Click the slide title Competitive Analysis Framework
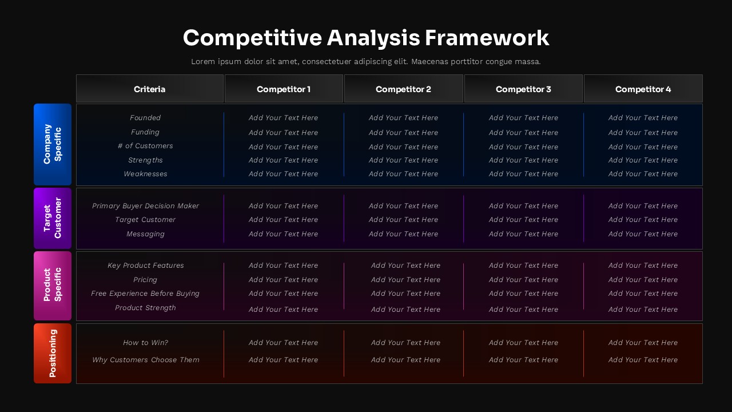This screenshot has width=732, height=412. coord(366,38)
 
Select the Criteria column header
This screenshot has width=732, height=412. coord(150,89)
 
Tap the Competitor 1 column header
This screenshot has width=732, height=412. coord(284,89)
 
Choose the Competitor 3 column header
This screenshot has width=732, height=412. coord(523,89)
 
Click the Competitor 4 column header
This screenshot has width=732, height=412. coord(643,89)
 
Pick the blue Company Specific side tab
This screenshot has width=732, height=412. coord(53,144)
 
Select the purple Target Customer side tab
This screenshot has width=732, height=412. coord(53,218)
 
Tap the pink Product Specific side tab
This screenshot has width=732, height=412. coord(53,285)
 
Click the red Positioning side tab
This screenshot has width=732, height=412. coord(53,353)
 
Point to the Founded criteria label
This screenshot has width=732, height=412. coord(145,118)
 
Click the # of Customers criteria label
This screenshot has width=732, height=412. coord(145,146)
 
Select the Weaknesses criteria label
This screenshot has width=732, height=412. coord(145,174)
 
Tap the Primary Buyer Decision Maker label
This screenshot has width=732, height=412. coord(145,206)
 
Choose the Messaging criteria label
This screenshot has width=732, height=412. coord(145,234)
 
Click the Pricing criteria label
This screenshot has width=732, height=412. coord(145,280)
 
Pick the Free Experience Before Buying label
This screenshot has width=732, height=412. coord(145,294)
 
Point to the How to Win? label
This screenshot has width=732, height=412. coord(145,343)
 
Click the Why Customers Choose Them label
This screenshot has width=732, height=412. coord(145,360)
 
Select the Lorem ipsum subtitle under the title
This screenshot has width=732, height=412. coord(366,61)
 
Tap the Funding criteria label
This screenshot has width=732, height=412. coord(145,132)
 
